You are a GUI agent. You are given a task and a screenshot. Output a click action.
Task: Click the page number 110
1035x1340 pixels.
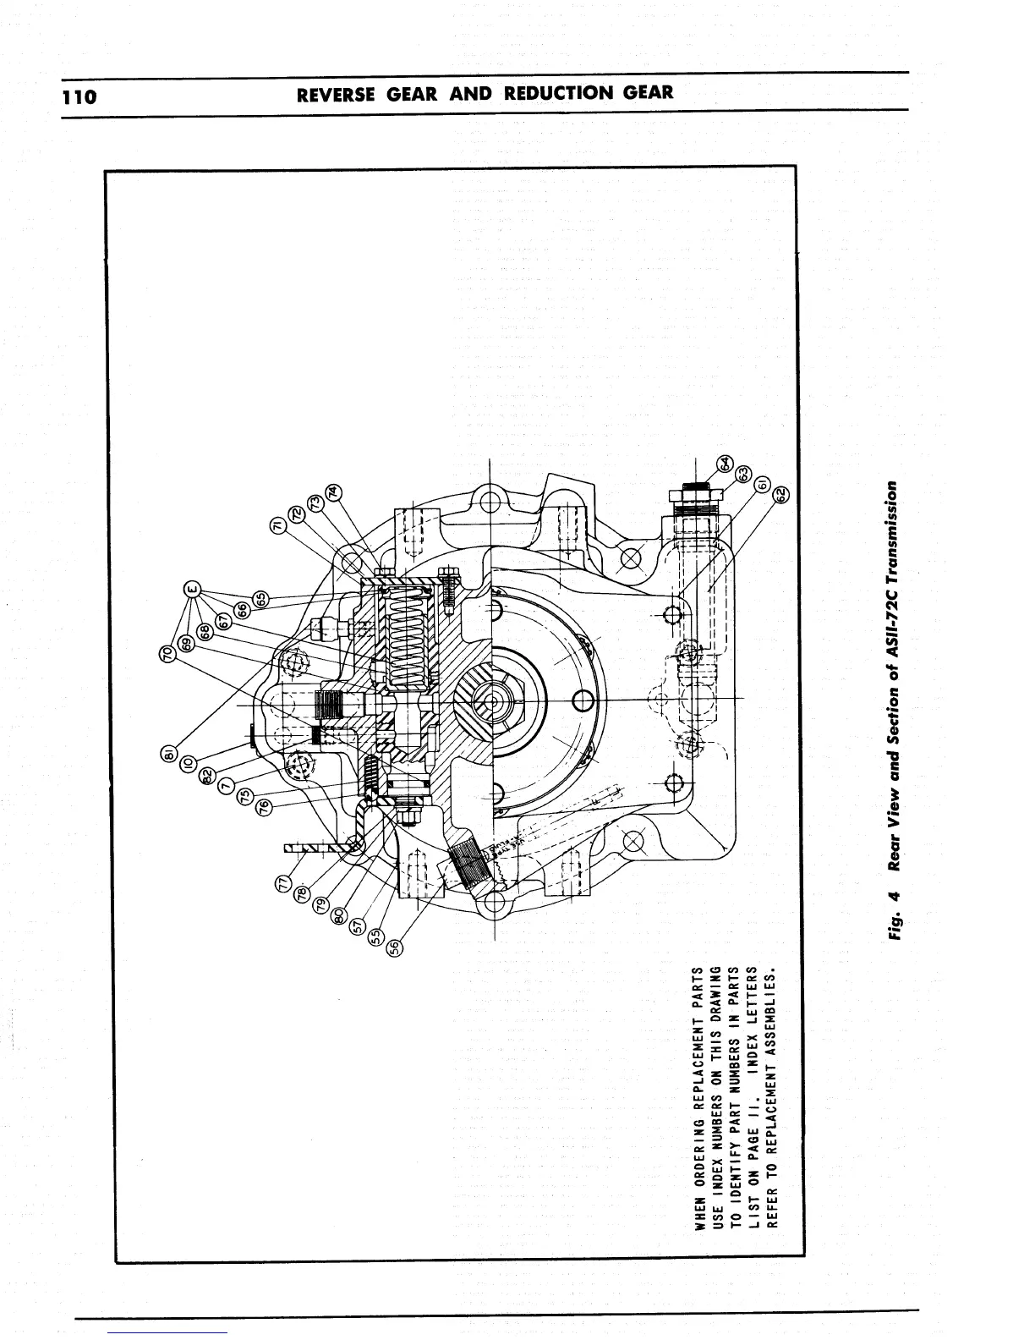point(80,95)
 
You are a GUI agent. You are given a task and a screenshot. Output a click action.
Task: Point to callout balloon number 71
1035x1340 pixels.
point(277,525)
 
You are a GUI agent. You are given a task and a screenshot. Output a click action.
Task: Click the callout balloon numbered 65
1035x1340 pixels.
point(263,598)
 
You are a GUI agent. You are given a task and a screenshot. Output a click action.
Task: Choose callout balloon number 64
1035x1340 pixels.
point(725,463)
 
